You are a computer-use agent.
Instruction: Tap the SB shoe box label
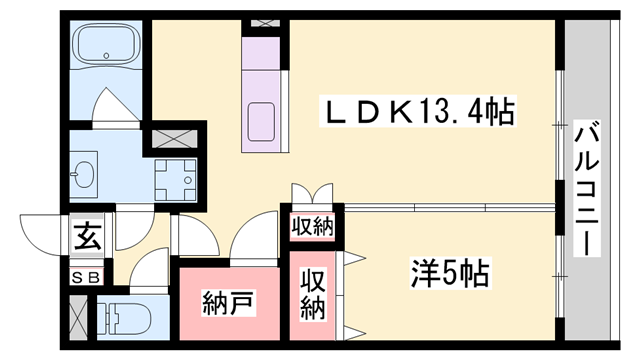point(85,278)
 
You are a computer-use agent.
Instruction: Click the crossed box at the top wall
point(264,22)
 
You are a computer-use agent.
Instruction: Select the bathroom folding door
point(108,102)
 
